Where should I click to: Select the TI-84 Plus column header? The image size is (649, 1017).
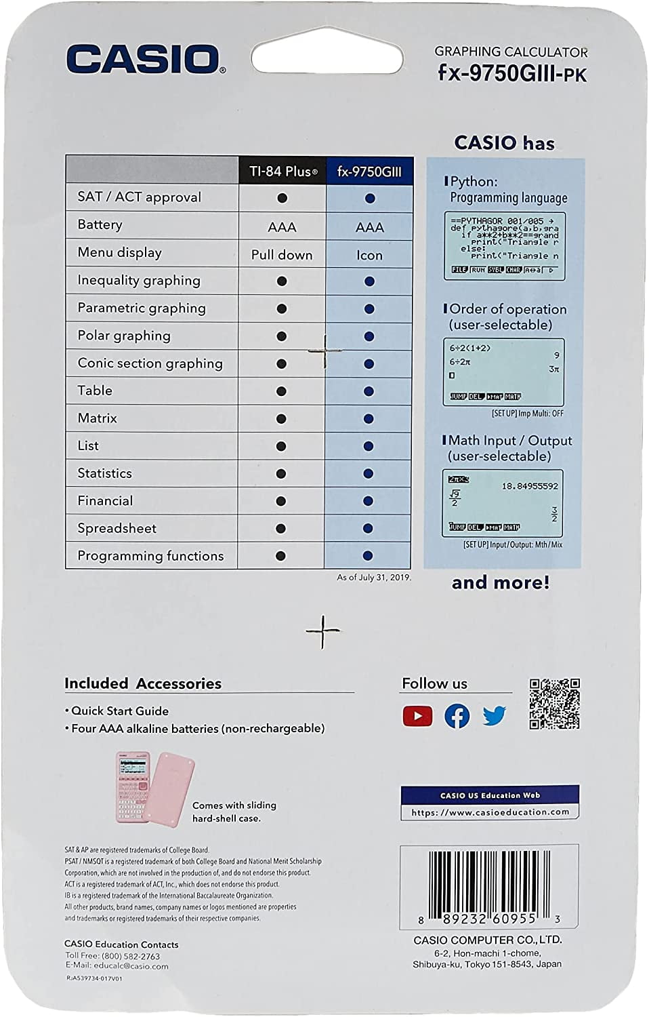[x=282, y=172]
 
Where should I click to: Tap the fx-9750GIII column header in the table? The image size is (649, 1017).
[x=369, y=172]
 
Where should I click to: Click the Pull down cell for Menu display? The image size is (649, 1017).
[x=282, y=255]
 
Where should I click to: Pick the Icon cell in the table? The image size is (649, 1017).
[x=369, y=255]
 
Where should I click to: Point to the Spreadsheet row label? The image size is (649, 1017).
[x=117, y=528]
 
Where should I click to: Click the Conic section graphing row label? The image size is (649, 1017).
[x=150, y=363]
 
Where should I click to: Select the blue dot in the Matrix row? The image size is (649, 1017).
[x=369, y=419]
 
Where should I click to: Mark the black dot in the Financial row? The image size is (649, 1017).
[x=281, y=501]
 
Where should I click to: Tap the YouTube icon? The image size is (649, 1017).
[x=417, y=716]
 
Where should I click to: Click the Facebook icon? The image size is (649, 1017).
[x=457, y=716]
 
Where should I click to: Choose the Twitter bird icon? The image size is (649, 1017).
[x=495, y=715]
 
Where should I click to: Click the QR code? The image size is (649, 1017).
[x=554, y=704]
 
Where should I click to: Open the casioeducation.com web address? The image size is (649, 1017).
[x=490, y=812]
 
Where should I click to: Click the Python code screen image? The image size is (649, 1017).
[x=504, y=246]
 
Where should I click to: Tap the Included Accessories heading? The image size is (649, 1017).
[x=143, y=683]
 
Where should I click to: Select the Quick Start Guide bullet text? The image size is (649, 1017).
[x=120, y=711]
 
